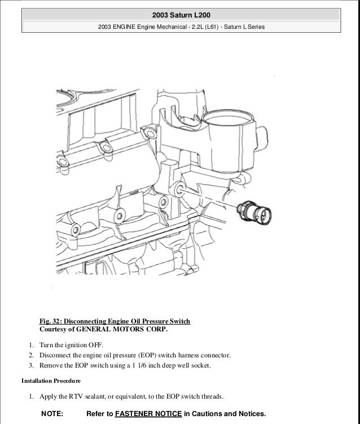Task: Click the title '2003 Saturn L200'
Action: pyautogui.click(x=181, y=15)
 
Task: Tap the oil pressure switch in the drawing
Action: pyautogui.click(x=254, y=212)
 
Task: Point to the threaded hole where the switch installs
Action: pyautogui.click(x=178, y=189)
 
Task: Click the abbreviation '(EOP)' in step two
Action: pyautogui.click(x=147, y=355)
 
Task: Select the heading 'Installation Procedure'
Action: pyautogui.click(x=51, y=381)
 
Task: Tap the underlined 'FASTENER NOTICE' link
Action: pyautogui.click(x=148, y=414)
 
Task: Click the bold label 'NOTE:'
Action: pyautogui.click(x=52, y=414)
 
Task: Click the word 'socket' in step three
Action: pyautogui.click(x=201, y=365)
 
